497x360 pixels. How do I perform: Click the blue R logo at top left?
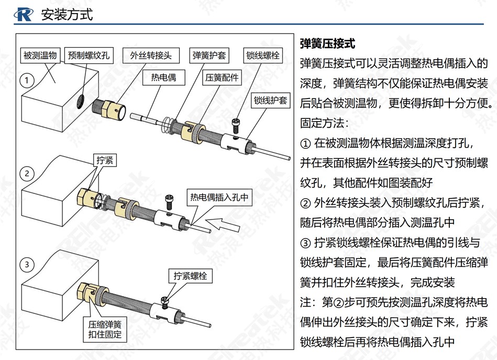pos(24,14)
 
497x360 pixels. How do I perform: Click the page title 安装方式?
pos(67,15)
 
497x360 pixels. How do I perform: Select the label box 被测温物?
pos(40,56)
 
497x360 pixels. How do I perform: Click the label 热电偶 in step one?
pos(163,78)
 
